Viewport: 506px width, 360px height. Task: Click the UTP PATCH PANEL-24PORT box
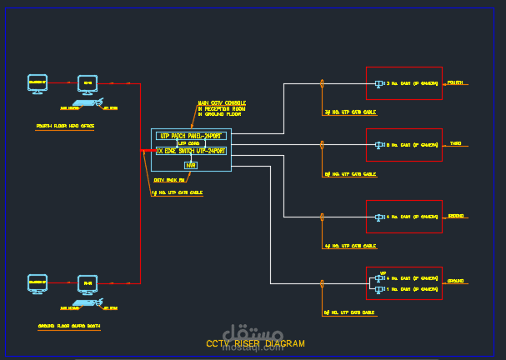coord(191,135)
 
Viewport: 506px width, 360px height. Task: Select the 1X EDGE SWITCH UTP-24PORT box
coord(191,151)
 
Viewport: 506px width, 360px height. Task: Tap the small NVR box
coord(191,165)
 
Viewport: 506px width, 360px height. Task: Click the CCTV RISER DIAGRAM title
coord(255,343)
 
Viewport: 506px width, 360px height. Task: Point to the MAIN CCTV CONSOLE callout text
coord(221,108)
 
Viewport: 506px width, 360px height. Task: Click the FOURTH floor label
coord(456,83)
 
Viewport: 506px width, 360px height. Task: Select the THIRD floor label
coord(456,144)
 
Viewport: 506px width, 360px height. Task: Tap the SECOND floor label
coord(456,216)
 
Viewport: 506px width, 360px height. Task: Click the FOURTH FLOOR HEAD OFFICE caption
coord(66,127)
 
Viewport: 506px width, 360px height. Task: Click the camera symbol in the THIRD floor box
coord(379,145)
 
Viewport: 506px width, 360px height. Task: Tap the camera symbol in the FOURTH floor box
coord(379,83)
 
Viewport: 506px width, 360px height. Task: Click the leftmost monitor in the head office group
coord(38,83)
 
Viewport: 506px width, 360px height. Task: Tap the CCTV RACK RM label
coord(168,179)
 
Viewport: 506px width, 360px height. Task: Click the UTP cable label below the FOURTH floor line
coord(350,112)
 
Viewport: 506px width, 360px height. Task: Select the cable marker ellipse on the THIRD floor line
coord(322,145)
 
